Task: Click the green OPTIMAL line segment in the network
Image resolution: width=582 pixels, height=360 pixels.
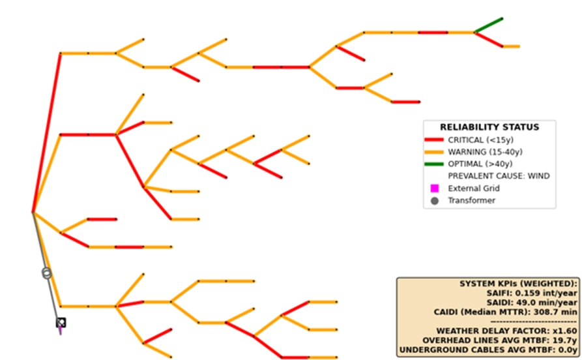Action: click(489, 25)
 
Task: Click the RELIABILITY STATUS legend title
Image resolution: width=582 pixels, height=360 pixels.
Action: click(489, 127)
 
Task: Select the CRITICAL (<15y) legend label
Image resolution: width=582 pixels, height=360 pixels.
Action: click(475, 140)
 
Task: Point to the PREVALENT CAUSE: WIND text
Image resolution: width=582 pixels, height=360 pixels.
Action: click(498, 176)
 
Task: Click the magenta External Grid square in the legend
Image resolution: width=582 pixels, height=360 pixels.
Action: click(435, 188)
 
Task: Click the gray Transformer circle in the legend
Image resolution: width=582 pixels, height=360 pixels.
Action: click(435, 201)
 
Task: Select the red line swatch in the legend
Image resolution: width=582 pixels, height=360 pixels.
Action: click(435, 140)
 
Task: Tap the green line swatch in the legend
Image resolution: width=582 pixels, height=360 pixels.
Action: click(435, 164)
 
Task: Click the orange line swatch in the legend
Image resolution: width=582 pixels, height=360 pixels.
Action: click(435, 152)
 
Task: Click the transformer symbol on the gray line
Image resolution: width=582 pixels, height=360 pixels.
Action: click(46, 273)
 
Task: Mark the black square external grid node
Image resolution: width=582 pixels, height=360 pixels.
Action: click(61, 322)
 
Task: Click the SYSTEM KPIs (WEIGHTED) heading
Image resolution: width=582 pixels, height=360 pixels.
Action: click(519, 284)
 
